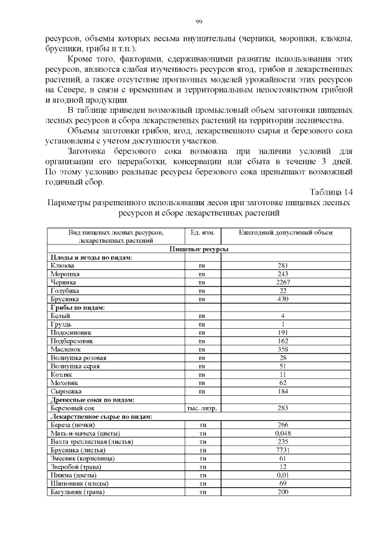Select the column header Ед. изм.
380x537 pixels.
click(201, 233)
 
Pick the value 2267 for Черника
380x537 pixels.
click(283, 283)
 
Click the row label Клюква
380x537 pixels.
click(62, 266)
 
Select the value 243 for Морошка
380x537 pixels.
click(283, 274)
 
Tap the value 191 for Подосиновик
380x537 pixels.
click(283, 333)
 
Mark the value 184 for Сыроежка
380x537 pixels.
click(283, 392)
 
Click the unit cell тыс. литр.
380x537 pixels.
click(201, 409)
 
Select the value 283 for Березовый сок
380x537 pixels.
click(283, 409)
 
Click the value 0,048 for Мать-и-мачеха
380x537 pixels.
click(283, 434)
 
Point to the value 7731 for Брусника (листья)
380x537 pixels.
click(283, 450)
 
